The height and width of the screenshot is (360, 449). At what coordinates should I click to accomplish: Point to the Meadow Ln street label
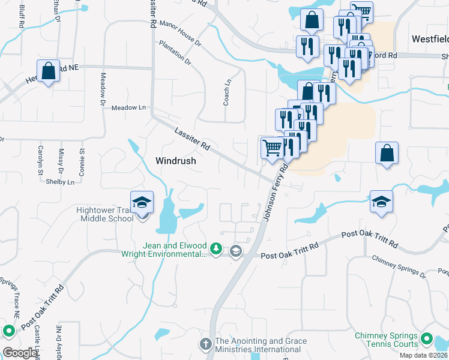128,107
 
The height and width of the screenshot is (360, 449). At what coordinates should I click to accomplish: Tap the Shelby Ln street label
62,182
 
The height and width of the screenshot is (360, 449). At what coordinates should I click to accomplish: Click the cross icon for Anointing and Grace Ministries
205,345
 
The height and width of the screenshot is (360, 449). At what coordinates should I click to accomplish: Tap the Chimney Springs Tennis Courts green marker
427,340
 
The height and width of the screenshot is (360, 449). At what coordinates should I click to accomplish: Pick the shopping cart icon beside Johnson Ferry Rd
273,147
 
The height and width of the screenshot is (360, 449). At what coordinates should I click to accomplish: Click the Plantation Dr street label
175,53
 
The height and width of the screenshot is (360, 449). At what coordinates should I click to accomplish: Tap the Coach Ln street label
227,94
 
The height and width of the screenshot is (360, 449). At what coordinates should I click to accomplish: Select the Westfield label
430,38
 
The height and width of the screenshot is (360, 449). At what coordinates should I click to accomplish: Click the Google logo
20,353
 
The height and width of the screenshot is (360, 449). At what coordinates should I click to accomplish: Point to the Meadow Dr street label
103,86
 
